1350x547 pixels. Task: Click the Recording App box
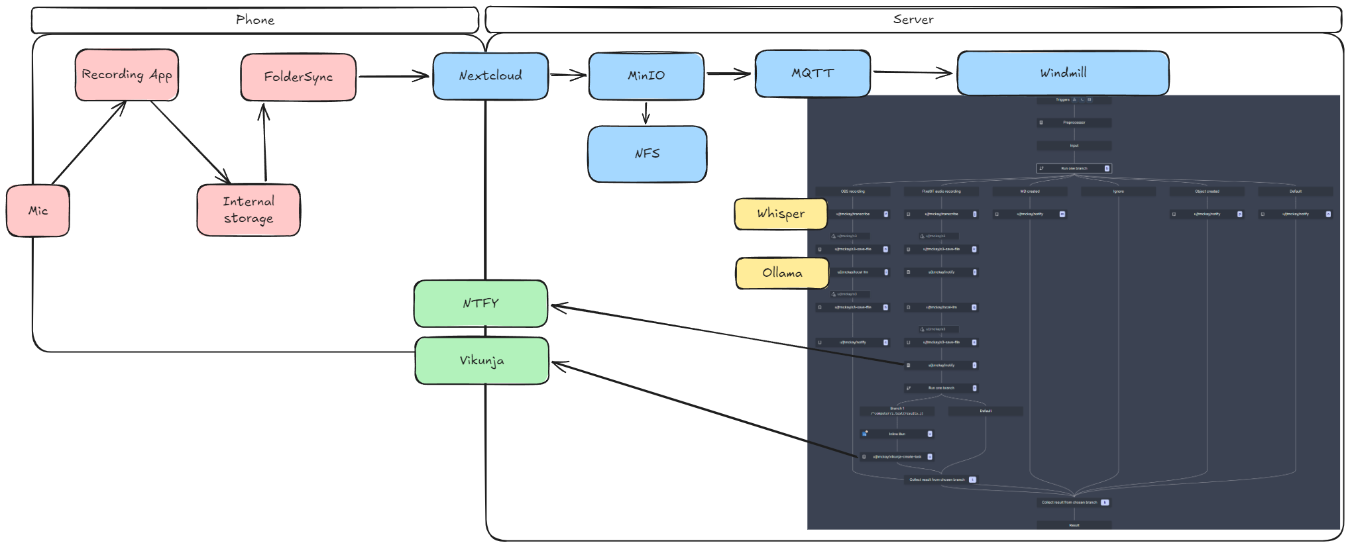pyautogui.click(x=127, y=75)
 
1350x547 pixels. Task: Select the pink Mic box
pyautogui.click(x=38, y=211)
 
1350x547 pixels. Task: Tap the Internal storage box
pyautogui.click(x=249, y=210)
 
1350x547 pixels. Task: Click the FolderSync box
pyautogui.click(x=298, y=77)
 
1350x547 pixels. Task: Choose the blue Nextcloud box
pyautogui.click(x=490, y=76)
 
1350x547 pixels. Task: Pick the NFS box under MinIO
pyautogui.click(x=647, y=154)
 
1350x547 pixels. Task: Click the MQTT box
pyautogui.click(x=813, y=74)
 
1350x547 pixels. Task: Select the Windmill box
pyautogui.click(x=1062, y=73)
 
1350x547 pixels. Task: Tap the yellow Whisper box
pyautogui.click(x=781, y=214)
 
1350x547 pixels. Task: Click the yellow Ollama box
pyautogui.click(x=782, y=273)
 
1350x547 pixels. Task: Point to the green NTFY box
pyautogui.click(x=480, y=303)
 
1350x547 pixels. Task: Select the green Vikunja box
pyautogui.click(x=482, y=361)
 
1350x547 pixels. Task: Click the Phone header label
pyautogui.click(x=254, y=20)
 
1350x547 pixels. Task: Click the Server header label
pyautogui.click(x=913, y=20)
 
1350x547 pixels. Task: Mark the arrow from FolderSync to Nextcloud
pyautogui.click(x=394, y=76)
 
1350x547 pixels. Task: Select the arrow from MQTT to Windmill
pyautogui.click(x=913, y=72)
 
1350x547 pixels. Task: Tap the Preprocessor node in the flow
pyautogui.click(x=1074, y=123)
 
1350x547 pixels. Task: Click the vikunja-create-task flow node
pyautogui.click(x=897, y=457)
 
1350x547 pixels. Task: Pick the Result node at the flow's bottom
pyautogui.click(x=1074, y=525)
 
